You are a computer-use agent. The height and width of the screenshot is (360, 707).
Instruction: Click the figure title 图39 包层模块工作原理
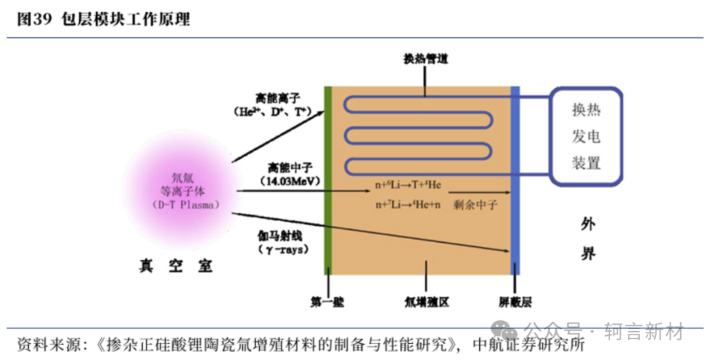click(x=103, y=20)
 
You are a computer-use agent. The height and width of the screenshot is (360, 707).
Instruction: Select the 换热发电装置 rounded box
click(x=586, y=136)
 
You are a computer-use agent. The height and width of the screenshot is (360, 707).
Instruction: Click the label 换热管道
click(x=426, y=59)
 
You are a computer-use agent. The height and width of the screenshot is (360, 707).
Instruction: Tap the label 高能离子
click(x=278, y=99)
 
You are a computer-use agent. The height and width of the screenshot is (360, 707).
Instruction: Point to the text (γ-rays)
click(x=284, y=249)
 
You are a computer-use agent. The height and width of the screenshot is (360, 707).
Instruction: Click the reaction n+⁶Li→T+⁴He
click(x=408, y=185)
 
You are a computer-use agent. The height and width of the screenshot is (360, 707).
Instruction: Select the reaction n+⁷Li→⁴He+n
click(x=408, y=205)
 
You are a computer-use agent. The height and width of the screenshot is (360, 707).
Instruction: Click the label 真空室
click(x=176, y=266)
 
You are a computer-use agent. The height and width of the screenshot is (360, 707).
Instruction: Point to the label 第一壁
click(x=327, y=302)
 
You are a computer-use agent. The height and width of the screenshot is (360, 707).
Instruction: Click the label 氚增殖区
click(x=426, y=302)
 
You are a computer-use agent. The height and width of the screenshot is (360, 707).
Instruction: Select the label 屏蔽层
click(x=515, y=302)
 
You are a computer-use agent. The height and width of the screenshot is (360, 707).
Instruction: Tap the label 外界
click(x=588, y=238)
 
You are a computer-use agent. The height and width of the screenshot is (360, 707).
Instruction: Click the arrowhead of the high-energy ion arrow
click(x=322, y=112)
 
